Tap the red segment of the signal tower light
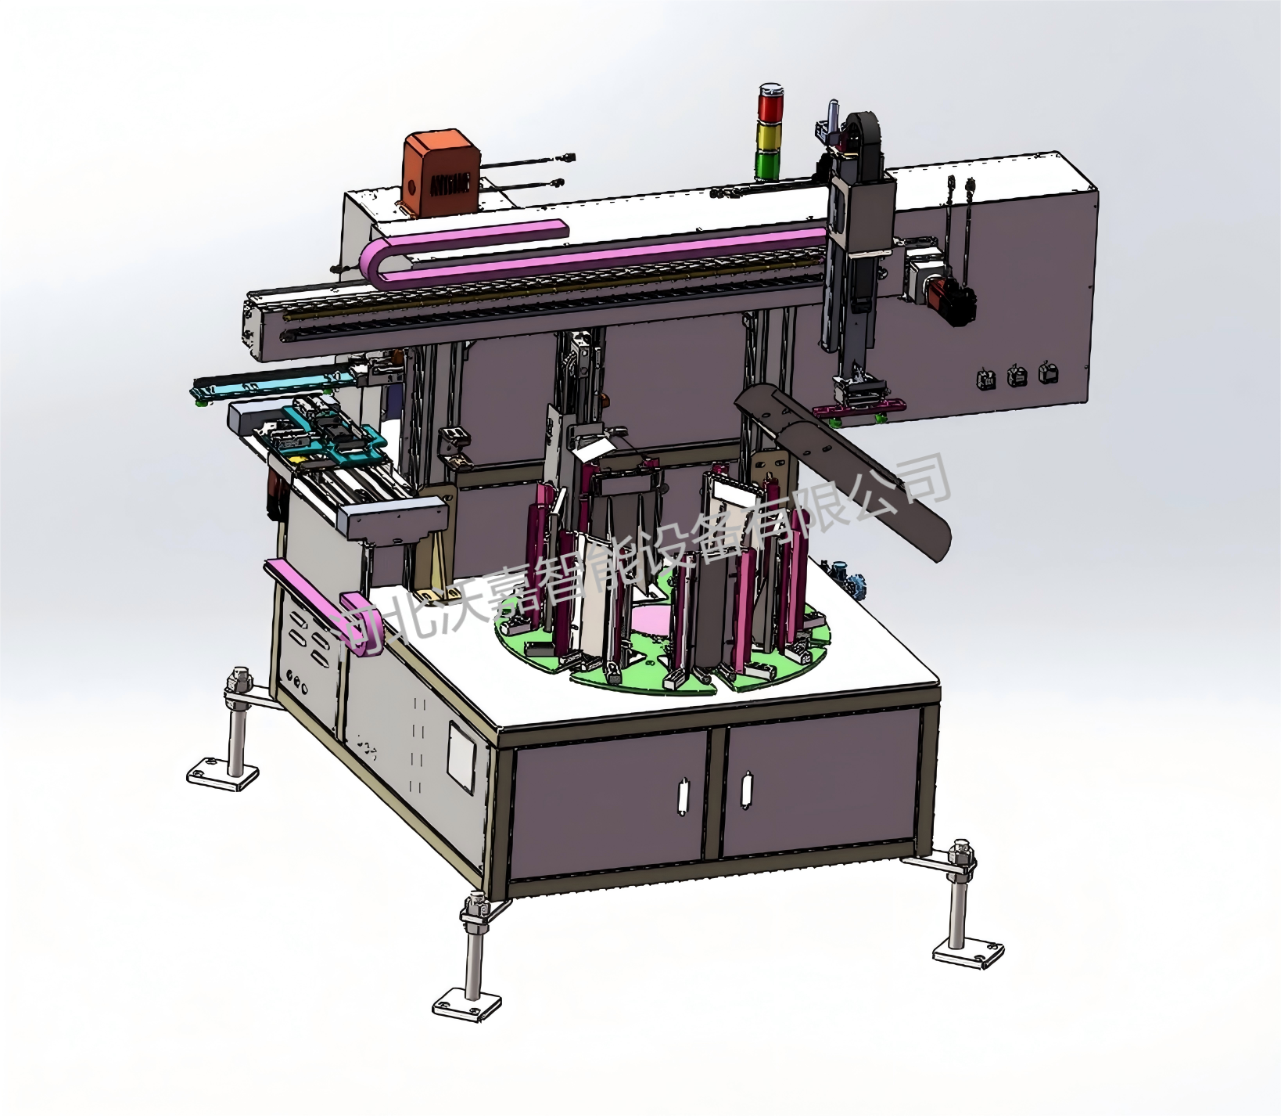click(x=768, y=103)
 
